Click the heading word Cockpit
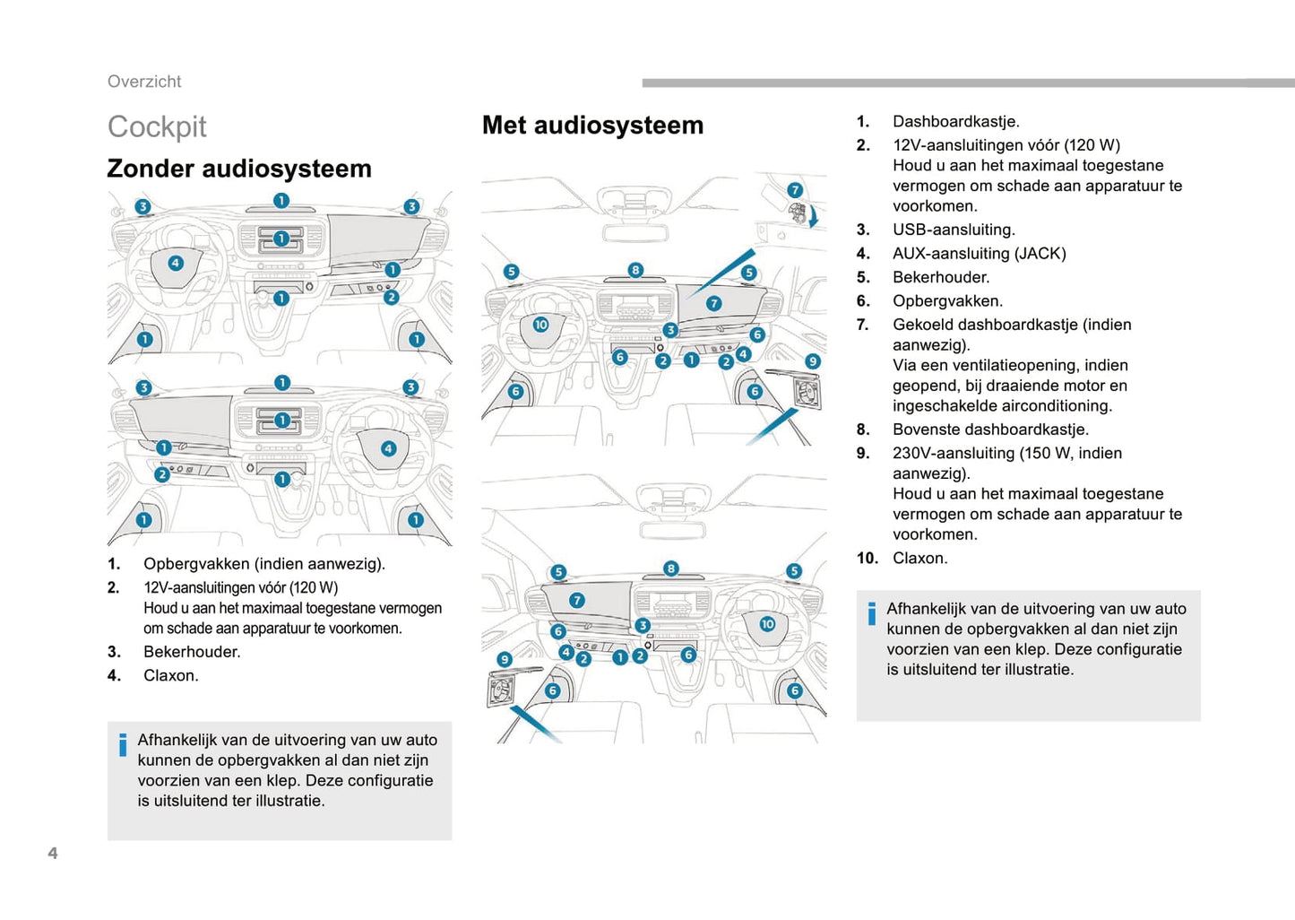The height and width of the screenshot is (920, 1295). [x=157, y=127]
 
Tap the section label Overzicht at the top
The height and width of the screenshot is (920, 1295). [x=144, y=82]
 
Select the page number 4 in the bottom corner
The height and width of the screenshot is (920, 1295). [x=53, y=853]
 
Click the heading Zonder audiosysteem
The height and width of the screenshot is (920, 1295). [x=239, y=169]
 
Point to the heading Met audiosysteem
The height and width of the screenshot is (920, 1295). [x=592, y=126]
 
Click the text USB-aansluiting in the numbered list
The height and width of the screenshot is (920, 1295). [x=954, y=230]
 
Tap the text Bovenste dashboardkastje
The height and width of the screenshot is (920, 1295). [x=990, y=430]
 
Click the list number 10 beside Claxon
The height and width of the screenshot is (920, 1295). [x=867, y=558]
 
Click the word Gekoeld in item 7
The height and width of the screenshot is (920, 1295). [x=923, y=325]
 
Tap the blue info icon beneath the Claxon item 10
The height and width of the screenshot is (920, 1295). [x=871, y=613]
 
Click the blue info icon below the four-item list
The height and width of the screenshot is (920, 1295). [x=123, y=745]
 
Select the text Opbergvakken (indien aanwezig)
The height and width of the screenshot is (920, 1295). [x=264, y=564]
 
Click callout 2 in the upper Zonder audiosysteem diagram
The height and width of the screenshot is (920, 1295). [x=391, y=297]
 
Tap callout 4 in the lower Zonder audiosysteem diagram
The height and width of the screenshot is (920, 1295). [x=388, y=448]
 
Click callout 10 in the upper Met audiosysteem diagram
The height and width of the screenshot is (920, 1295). [x=540, y=325]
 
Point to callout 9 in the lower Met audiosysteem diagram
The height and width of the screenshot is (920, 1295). [x=505, y=659]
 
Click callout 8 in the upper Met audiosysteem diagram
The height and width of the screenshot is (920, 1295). [x=635, y=270]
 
